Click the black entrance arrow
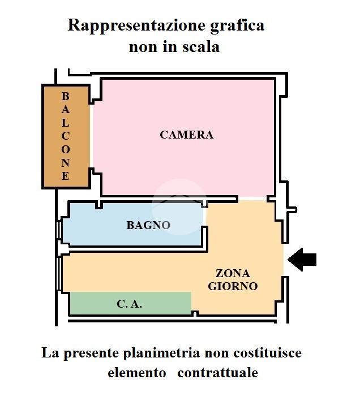302,260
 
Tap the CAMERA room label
186,135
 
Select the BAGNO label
148,225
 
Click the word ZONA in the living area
233,274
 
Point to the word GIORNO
233,286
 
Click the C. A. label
129,304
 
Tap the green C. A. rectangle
164,304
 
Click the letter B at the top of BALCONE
66,96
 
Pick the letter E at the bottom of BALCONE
66,176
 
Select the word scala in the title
200,47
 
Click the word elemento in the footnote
137,373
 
